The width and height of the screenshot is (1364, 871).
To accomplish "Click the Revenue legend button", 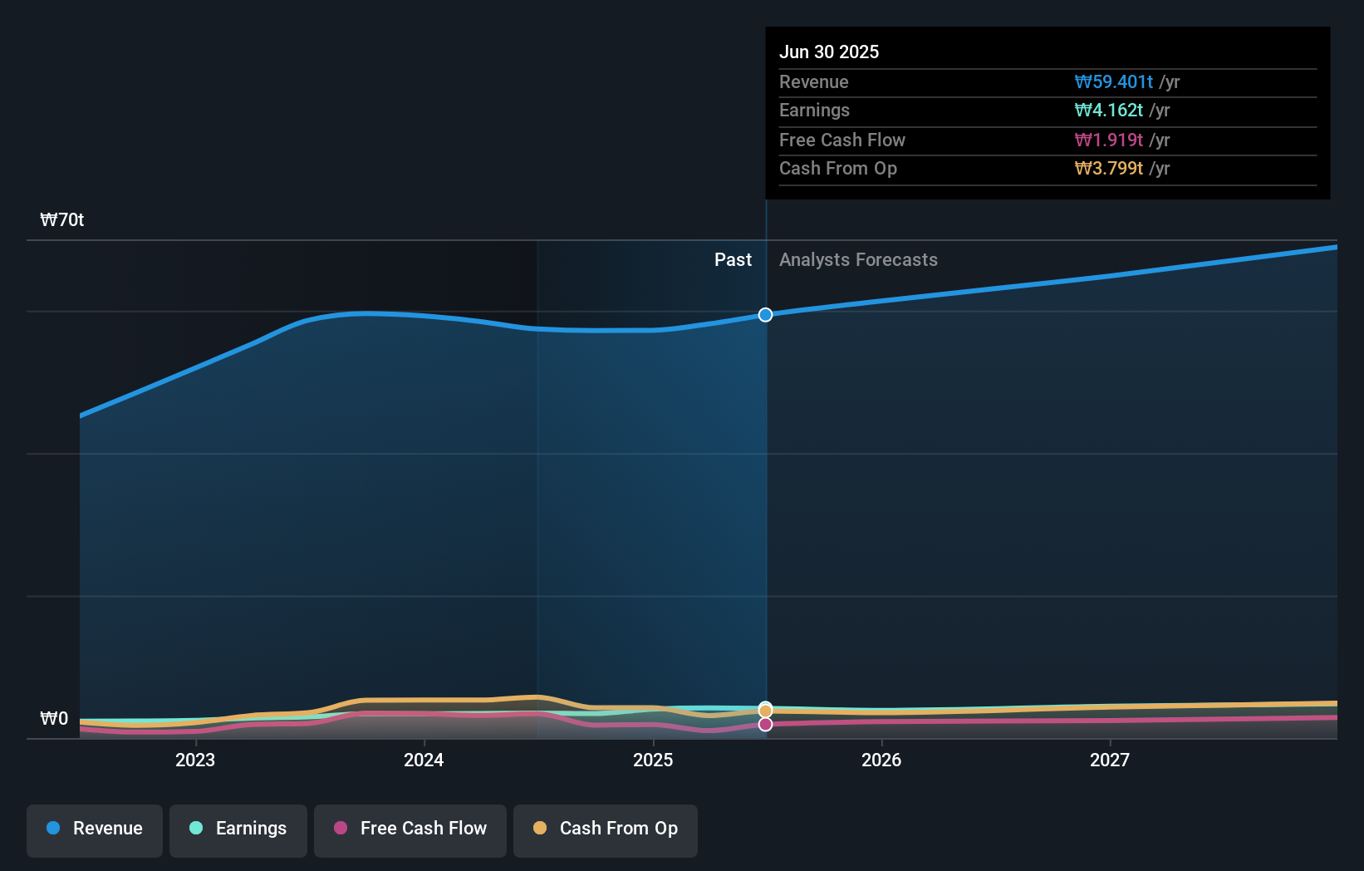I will click(x=95, y=829).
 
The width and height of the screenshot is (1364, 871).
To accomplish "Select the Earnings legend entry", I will click(x=238, y=829).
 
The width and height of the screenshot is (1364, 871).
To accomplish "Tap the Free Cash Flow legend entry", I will click(x=410, y=829).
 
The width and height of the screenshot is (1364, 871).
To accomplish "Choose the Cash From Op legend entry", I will click(x=606, y=829).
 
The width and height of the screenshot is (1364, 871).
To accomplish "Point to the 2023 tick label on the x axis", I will click(x=195, y=760).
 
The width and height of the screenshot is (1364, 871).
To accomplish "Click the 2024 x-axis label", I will click(x=424, y=760).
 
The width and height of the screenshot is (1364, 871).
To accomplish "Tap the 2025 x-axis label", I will click(x=653, y=760).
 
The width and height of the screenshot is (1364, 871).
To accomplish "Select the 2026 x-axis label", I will click(x=881, y=760).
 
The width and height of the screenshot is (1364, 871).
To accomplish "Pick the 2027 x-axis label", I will click(x=1110, y=760).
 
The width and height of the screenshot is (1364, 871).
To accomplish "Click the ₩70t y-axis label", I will click(x=62, y=220).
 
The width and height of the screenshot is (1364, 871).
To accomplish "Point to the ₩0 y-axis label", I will click(x=54, y=719).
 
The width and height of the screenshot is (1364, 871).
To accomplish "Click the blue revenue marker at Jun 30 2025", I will click(x=765, y=315).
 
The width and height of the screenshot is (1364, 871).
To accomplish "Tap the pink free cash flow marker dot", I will click(x=765, y=725).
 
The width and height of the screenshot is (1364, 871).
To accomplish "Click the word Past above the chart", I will click(x=733, y=260).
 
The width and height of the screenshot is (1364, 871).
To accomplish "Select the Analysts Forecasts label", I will click(x=858, y=260).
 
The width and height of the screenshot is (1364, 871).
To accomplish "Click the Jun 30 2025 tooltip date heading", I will click(x=829, y=52).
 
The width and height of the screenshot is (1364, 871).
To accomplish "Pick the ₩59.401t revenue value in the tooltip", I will click(x=1113, y=82).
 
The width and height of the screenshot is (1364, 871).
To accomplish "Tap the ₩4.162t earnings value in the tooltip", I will click(x=1108, y=111).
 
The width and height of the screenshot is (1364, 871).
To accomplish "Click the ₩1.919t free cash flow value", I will click(x=1108, y=140).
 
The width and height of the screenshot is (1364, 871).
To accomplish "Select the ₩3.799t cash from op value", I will click(x=1108, y=169).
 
